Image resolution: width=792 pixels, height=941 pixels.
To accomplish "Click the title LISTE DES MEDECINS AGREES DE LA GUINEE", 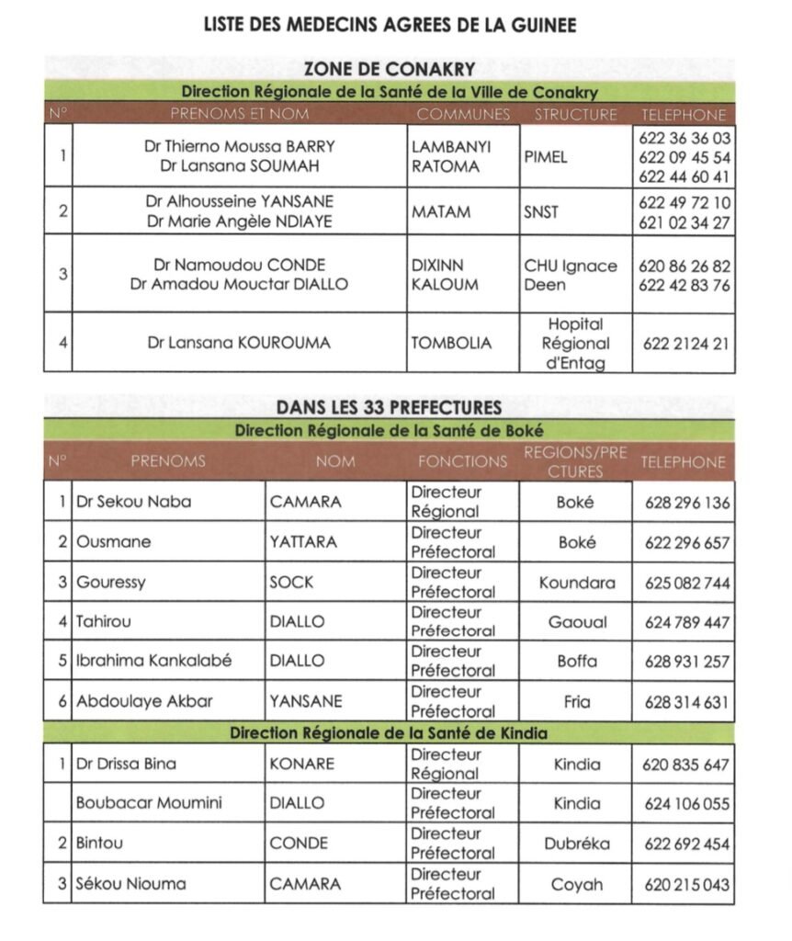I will click(390, 26).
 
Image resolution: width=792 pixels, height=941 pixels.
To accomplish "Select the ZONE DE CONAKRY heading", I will click(390, 70).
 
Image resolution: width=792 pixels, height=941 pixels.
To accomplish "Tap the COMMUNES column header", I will click(463, 115).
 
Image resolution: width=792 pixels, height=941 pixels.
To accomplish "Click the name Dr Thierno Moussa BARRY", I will click(240, 146).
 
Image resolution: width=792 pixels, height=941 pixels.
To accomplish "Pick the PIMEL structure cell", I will click(546, 157).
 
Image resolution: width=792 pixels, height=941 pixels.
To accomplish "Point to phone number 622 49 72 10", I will click(685, 202).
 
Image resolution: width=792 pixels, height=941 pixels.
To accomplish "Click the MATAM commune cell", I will click(441, 212).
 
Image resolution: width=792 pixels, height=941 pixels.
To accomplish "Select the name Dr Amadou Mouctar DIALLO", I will click(240, 285).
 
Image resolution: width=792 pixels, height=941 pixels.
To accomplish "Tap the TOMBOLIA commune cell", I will click(451, 343).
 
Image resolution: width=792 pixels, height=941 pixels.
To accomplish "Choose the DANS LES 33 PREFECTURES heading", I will click(390, 407).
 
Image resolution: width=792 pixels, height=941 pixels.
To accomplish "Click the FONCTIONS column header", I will click(462, 461).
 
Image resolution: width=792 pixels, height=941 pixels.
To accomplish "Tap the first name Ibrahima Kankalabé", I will click(154, 661).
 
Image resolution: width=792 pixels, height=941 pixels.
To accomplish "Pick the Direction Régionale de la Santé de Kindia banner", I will click(389, 733).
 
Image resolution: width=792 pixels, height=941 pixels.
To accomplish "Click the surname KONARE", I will click(302, 764).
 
